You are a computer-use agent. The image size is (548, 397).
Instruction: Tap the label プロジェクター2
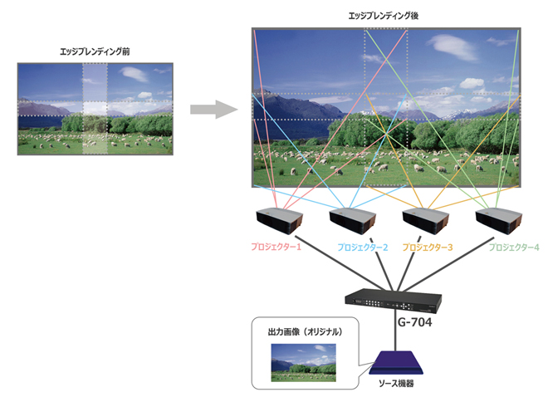pos(362,247)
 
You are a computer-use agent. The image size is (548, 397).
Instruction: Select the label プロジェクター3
pos(428,247)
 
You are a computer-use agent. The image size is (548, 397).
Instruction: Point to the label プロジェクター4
pos(513,247)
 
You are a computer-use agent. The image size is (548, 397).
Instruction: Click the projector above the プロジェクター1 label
pos(279,221)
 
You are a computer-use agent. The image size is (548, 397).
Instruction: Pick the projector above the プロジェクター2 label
pos(354,221)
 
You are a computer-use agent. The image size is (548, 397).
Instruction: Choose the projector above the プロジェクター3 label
pos(426,221)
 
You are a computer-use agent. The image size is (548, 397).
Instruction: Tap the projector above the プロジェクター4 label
pos(500,221)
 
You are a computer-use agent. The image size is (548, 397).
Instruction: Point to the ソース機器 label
pos(393,384)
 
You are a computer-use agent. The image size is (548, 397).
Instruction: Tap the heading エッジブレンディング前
pos(95,51)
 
